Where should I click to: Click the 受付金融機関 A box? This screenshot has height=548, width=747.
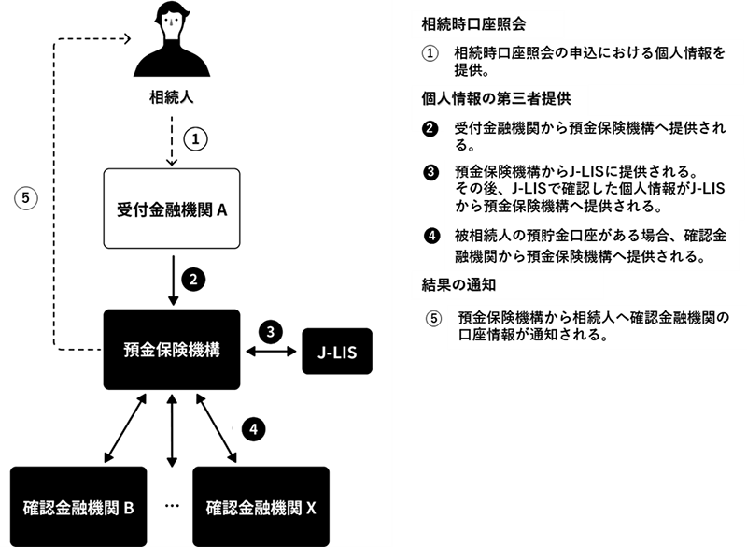tap(172, 209)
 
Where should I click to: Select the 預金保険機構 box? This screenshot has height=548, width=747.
tap(172, 350)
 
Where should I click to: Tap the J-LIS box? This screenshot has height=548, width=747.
tap(337, 352)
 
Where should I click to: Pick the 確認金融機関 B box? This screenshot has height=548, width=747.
tap(78, 507)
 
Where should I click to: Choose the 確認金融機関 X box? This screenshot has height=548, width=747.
tap(261, 507)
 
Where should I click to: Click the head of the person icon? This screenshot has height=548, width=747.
tap(171, 22)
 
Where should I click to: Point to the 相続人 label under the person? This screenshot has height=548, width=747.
tap(172, 97)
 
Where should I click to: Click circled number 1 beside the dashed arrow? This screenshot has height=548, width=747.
tap(195, 138)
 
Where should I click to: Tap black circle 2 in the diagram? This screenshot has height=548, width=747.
tap(193, 280)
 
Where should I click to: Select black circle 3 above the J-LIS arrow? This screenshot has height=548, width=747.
tap(271, 331)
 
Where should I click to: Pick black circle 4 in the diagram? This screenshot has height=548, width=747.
tap(253, 428)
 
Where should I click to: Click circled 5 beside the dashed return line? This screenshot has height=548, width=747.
tap(26, 198)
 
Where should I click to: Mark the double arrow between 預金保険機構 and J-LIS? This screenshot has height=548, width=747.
tap(271, 352)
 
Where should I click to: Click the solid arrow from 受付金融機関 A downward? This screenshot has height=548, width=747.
tap(174, 281)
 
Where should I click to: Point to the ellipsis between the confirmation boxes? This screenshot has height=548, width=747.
tap(172, 506)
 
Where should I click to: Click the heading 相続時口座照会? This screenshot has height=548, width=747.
tap(473, 24)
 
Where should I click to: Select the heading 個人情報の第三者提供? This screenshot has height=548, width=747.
tap(496, 99)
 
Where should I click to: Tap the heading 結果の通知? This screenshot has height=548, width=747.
tap(458, 284)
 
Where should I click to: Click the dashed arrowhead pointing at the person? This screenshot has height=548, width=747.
tap(128, 38)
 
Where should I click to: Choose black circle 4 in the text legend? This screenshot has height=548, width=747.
tap(432, 236)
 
